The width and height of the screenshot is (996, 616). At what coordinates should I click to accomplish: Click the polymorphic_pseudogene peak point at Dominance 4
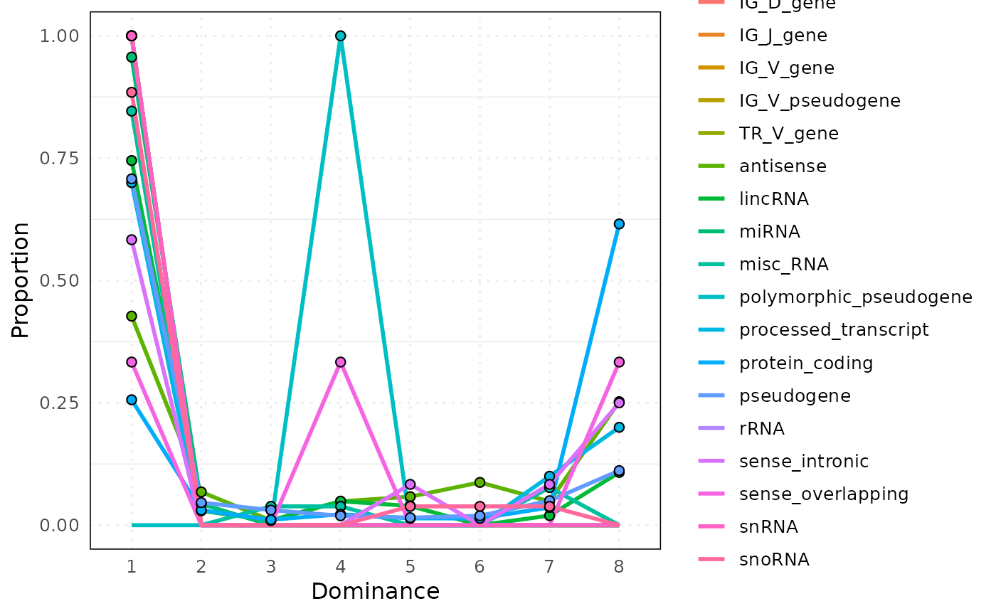[x=340, y=36]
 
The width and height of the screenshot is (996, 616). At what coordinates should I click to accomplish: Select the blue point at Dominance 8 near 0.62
[x=619, y=224]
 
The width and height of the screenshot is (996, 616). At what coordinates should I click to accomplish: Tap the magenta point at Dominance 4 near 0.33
[x=340, y=362]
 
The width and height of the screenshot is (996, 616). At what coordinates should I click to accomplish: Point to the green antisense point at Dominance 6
[x=480, y=482]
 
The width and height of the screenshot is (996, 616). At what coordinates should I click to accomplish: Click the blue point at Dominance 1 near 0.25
[x=132, y=400]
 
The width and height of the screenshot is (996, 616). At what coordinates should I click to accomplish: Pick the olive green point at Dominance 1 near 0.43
[x=132, y=316]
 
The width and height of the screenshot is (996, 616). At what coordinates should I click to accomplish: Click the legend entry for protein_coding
[x=805, y=363]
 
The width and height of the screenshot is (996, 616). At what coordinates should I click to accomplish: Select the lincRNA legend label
[x=773, y=199]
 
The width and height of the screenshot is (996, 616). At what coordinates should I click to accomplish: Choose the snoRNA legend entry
[x=774, y=560]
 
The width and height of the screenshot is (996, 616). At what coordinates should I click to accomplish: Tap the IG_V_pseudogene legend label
[x=820, y=101]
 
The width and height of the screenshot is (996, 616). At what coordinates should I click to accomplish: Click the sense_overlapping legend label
[x=824, y=494]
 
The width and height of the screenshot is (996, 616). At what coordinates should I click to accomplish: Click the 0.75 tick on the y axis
[x=60, y=158]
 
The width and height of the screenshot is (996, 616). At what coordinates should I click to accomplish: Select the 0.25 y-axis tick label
[x=60, y=403]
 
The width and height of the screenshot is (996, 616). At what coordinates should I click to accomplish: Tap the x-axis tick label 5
[x=410, y=567]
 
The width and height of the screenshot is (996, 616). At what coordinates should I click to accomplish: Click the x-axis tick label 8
[x=619, y=567]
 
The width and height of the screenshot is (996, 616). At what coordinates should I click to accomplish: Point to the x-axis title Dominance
[x=375, y=592]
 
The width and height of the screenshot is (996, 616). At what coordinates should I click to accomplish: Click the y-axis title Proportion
[x=21, y=280]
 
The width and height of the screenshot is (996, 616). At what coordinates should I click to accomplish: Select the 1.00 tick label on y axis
[x=60, y=36]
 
